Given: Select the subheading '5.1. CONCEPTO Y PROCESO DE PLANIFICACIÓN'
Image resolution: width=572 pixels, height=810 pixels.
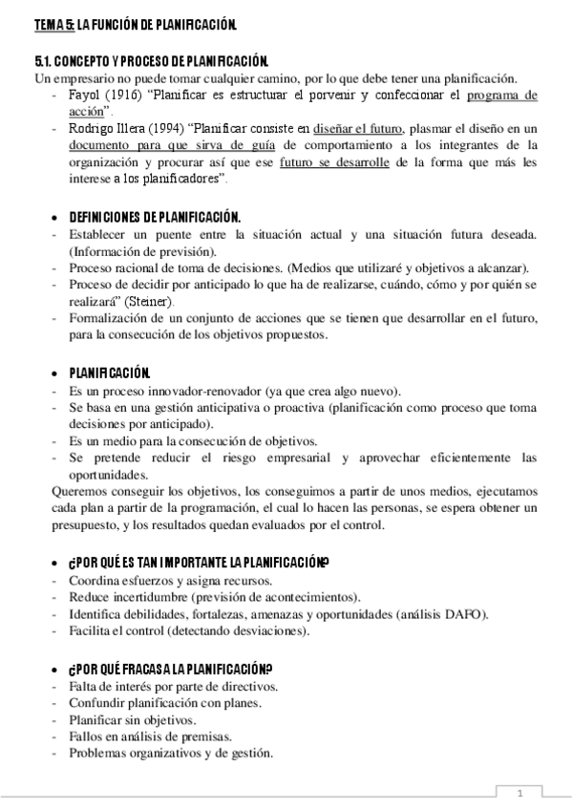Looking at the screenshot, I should [153, 61].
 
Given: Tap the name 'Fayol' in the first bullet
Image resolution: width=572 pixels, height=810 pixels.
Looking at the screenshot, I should [86, 96].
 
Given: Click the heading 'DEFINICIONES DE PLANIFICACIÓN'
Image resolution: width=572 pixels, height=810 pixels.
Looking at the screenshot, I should [154, 217].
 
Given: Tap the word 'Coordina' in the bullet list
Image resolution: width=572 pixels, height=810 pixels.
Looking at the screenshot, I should [95, 581].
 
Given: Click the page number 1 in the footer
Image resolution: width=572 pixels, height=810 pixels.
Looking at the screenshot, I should [520, 794].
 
